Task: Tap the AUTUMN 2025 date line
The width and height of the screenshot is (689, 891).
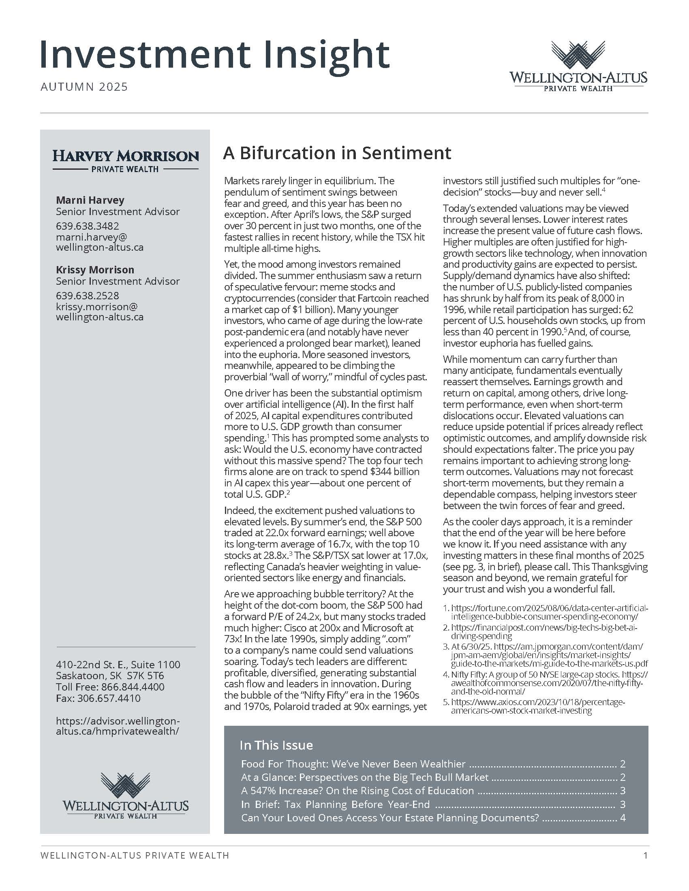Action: (x=84, y=87)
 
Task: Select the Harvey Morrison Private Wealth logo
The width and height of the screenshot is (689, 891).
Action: (x=126, y=161)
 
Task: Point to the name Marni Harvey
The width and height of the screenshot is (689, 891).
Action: (x=90, y=200)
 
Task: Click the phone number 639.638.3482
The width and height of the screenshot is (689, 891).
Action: (x=88, y=226)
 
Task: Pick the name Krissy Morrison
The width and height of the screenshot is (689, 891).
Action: (x=95, y=270)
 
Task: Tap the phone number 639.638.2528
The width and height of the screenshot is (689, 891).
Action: (x=88, y=296)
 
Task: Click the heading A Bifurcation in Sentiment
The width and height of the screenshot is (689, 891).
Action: (x=337, y=153)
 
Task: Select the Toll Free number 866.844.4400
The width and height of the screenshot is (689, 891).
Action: (x=133, y=686)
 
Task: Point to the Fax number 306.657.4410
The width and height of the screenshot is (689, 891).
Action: (x=109, y=698)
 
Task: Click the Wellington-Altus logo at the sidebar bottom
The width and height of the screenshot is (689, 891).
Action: (x=126, y=795)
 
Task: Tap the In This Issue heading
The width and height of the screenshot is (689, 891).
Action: (x=276, y=745)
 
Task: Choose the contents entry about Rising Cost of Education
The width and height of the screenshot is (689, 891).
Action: (x=357, y=791)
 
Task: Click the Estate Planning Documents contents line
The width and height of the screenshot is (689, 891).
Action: (x=390, y=818)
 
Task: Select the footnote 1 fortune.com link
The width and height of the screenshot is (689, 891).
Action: (x=549, y=612)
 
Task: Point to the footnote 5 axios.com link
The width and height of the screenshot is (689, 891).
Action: (x=537, y=706)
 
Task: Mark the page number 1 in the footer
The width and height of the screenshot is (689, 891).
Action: (x=645, y=855)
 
